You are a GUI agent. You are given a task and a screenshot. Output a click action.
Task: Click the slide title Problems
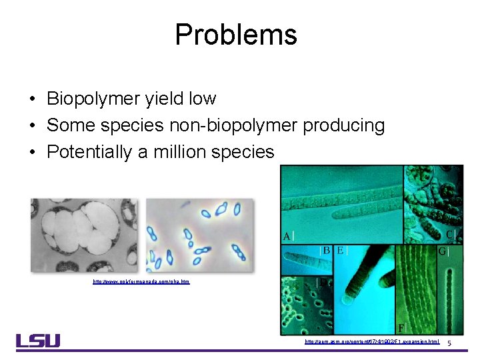coord(235,35)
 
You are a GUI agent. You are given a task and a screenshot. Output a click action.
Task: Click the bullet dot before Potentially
coord(33,153)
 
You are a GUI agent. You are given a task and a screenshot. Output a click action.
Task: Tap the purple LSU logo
coord(38,341)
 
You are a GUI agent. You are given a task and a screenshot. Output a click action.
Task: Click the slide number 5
coord(449,343)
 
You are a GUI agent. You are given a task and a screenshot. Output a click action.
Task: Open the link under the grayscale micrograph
coord(141,282)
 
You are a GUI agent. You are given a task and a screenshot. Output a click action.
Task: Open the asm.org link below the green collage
coord(372,341)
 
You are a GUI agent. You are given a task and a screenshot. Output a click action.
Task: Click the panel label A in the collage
coord(287,236)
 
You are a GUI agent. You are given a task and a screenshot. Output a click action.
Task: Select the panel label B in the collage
coord(327,251)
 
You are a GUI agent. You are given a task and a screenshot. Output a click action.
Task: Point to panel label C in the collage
coord(450,235)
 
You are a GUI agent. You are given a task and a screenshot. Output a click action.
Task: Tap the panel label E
coord(341,251)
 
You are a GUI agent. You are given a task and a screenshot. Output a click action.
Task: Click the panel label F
coord(400,327)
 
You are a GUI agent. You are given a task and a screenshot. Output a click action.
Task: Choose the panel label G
coord(441,252)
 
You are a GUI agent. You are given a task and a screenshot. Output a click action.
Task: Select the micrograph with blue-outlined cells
coord(200,235)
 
